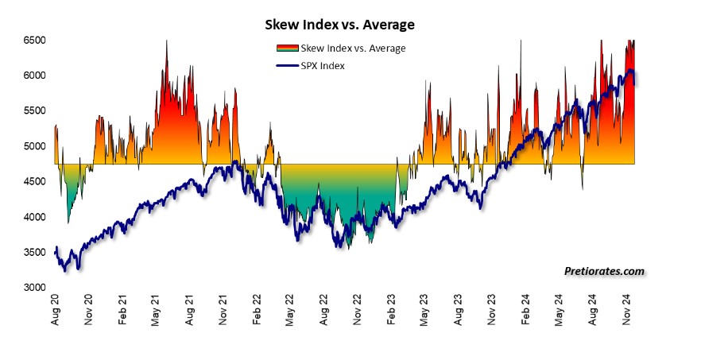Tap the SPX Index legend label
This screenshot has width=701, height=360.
323,65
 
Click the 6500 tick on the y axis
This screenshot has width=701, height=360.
33,40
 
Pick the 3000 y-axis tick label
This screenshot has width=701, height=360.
33,288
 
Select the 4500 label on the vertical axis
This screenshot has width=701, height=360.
33,181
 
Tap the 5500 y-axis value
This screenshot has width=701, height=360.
33,110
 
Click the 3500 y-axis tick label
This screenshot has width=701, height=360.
33,252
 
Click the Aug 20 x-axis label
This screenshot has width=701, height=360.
55,312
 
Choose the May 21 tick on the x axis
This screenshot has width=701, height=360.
157,312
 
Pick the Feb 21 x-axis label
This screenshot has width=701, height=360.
123,312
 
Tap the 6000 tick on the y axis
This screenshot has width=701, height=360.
33,75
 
